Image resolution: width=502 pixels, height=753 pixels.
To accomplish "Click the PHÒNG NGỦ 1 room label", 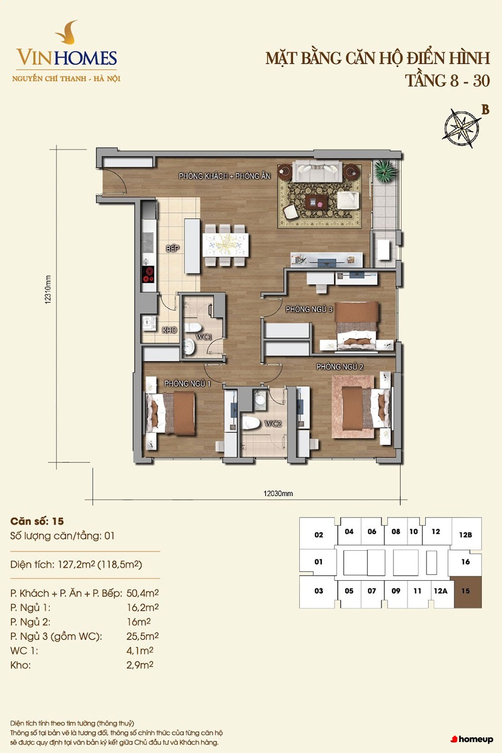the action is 187,384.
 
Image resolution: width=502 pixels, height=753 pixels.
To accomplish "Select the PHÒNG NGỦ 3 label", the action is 309,309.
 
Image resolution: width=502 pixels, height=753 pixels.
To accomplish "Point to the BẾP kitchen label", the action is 173,248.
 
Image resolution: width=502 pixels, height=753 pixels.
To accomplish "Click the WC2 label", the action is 273,424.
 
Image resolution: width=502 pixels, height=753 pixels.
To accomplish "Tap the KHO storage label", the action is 170,330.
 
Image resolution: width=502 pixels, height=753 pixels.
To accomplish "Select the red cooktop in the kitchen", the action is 148,274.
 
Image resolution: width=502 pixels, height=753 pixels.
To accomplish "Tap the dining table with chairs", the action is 225,245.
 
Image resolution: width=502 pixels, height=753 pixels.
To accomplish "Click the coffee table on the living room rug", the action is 316,202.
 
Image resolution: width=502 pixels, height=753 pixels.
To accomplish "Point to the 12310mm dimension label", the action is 48,290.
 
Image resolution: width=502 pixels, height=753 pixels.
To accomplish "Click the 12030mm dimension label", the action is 278,493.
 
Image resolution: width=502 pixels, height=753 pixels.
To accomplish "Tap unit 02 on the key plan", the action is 318,534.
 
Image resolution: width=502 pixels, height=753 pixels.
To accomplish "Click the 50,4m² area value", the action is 143,593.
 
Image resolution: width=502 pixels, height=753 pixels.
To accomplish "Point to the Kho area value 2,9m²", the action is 140,665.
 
